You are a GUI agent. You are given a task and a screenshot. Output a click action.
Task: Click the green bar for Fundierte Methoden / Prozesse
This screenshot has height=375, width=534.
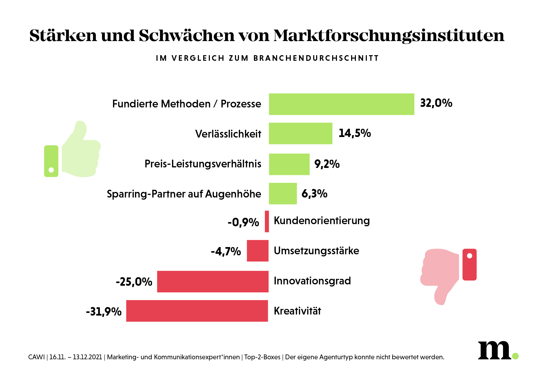pos(341,104)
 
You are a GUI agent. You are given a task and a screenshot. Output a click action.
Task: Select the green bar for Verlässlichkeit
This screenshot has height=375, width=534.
pos(300,134)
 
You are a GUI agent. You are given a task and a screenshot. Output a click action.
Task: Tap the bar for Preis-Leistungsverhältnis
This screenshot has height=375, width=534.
pos(289,164)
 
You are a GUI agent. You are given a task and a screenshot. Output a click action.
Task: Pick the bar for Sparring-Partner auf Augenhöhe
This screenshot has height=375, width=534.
pos(283,193)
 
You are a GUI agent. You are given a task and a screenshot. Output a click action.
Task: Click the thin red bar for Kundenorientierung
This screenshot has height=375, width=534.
pos(267,221)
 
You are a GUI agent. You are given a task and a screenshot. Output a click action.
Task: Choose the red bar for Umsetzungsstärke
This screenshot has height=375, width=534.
pos(258,251)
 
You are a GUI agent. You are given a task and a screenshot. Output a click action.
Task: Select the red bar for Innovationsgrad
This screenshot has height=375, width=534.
pos(213,282)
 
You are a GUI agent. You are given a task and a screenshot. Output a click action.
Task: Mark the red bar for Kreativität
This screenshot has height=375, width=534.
pos(197,311)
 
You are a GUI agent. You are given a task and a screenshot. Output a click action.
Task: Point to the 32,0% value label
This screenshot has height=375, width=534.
pos(436,103)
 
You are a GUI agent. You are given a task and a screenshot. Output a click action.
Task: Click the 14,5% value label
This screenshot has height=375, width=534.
pos(355,133)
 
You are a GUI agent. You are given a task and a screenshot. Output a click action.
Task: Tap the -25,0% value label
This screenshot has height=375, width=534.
pos(134,282)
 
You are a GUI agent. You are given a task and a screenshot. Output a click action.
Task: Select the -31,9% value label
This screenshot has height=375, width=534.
pos(104,312)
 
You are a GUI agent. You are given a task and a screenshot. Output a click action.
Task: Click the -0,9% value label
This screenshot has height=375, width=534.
pos(243,222)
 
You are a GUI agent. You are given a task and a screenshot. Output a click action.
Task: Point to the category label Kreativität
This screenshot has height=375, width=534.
pos(297,311)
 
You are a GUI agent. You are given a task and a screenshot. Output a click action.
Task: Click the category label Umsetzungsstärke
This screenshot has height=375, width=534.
pos(316,251)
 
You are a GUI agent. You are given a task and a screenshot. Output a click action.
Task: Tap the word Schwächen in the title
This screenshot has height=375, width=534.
pos(187,35)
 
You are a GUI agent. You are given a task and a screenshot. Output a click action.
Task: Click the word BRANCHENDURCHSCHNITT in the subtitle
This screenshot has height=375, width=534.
pos(316,58)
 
